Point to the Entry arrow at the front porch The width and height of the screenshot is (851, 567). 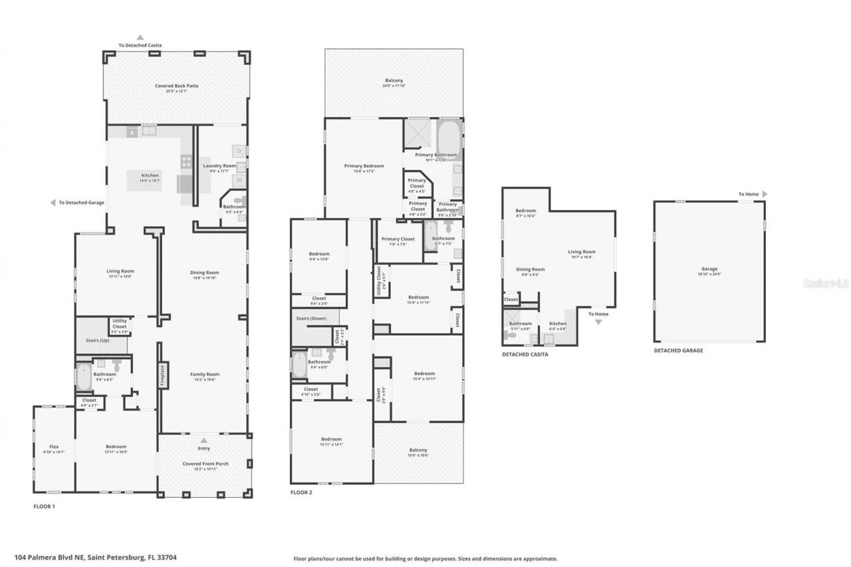[204, 440]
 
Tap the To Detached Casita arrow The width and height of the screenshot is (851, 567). [140, 38]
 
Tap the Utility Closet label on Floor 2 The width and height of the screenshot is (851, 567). [379, 280]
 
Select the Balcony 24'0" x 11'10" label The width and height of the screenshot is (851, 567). [394, 82]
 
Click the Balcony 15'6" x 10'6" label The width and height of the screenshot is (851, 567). [418, 452]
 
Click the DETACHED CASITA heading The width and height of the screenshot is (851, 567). [525, 355]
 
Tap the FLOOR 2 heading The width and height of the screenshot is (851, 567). [301, 493]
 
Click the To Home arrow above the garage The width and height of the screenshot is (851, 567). [765, 194]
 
